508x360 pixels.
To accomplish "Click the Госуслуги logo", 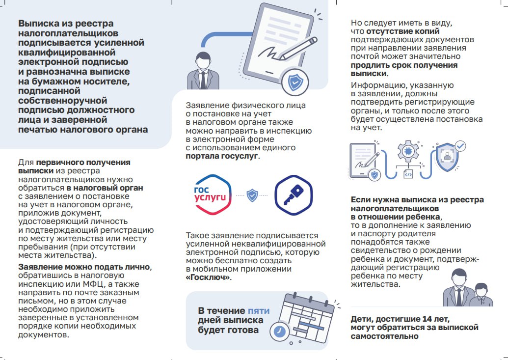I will [210, 194].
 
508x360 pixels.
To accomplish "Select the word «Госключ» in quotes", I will [208, 277].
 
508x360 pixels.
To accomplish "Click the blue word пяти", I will [258, 310].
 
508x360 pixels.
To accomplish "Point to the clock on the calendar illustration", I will [280, 331].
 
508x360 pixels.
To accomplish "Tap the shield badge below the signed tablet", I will [294, 83].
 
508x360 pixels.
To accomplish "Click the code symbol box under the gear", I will [408, 174].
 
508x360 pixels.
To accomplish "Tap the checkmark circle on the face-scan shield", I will [460, 146].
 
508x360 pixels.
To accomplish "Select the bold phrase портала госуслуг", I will [221, 157].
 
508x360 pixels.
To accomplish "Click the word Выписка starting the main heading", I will [40, 24].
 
